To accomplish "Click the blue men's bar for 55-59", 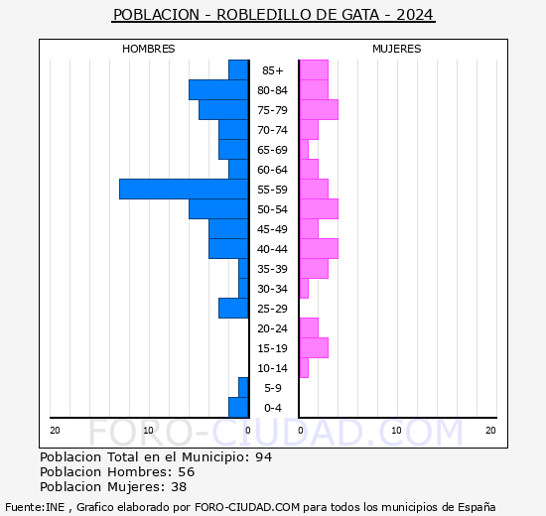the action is point(184,190).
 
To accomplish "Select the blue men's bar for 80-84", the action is point(218,90).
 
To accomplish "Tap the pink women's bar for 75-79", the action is point(319,110).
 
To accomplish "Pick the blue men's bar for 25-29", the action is point(233,309).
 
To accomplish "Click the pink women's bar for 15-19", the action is point(314,348).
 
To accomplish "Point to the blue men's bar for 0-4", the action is point(238,408).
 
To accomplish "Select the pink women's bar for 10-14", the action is point(304,368).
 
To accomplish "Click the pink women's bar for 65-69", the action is point(304,150).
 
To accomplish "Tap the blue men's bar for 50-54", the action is point(218,209).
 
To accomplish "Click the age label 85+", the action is point(273,70).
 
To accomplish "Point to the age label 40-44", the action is point(272,249).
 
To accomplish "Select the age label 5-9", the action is point(273,388).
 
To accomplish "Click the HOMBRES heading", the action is point(148,49).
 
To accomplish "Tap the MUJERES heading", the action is point(397,49).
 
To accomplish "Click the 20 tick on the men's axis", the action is point(55,431).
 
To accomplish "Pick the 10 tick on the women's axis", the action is point(396,431).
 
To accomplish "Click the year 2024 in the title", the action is point(415,15).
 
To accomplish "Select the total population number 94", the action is point(264,456).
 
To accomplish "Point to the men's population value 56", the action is point(187,471).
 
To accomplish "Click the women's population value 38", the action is point(179,487).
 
